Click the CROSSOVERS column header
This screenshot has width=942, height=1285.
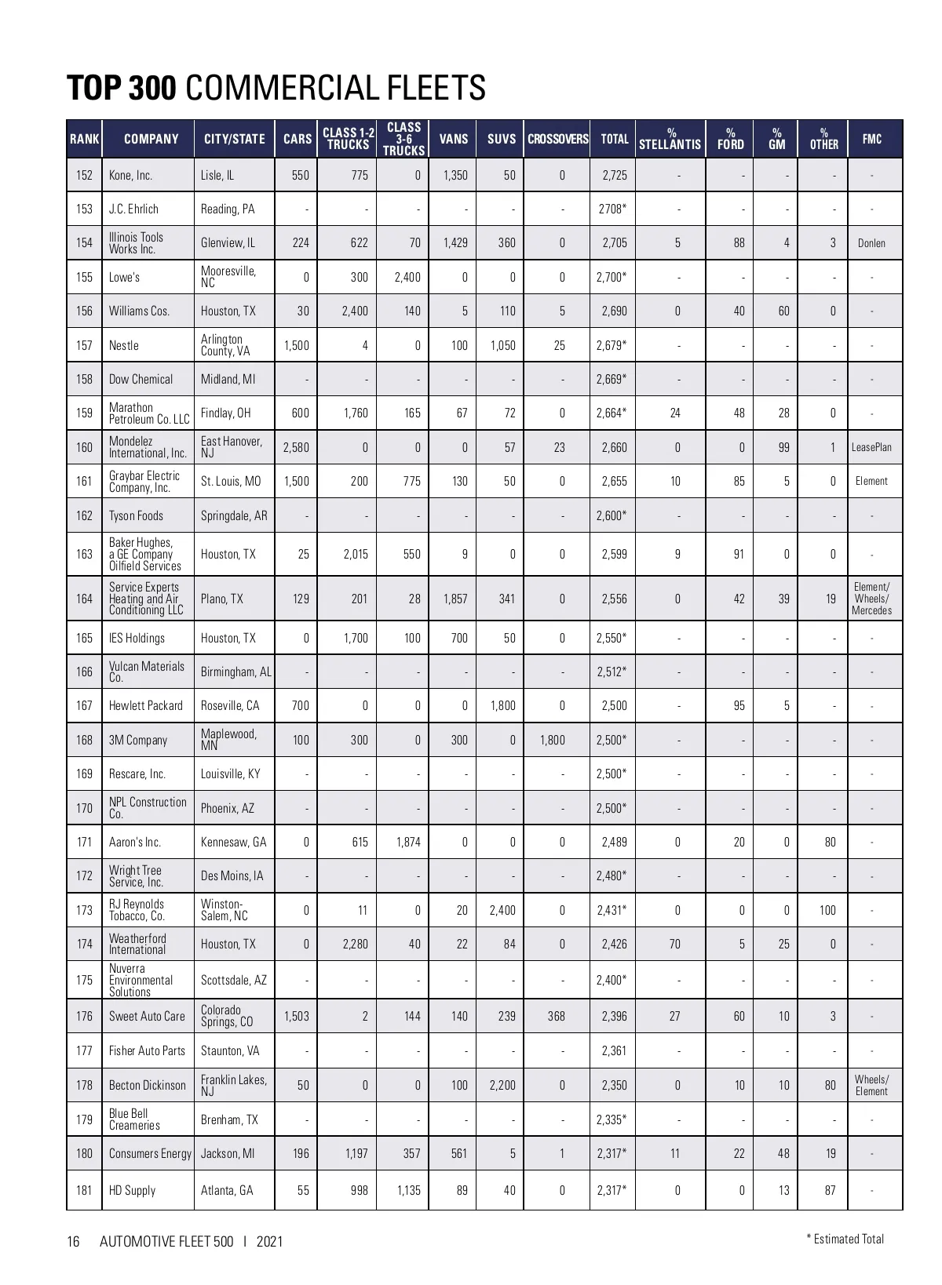click(x=557, y=140)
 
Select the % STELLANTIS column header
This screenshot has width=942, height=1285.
click(x=670, y=140)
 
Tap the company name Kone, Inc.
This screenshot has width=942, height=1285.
click(x=130, y=176)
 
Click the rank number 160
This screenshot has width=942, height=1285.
click(x=84, y=447)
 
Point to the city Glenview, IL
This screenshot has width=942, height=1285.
click(x=228, y=243)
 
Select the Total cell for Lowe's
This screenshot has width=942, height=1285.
click(x=611, y=277)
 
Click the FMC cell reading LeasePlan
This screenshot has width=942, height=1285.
click(x=871, y=447)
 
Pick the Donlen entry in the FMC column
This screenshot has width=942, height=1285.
click(x=871, y=243)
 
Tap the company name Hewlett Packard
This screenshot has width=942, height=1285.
click(x=145, y=706)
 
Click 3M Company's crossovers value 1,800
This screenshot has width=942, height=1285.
click(x=552, y=740)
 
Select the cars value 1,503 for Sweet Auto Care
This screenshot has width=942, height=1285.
click(x=296, y=1017)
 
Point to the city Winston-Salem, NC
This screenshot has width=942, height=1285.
click(x=224, y=910)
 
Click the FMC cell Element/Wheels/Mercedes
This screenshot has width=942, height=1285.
click(x=871, y=599)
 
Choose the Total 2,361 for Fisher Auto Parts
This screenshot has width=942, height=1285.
click(x=614, y=1051)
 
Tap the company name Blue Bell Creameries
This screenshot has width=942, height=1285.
click(x=134, y=1119)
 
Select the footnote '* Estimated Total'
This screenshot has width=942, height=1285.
click(x=845, y=1239)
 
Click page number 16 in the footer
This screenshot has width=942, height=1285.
click(x=73, y=1242)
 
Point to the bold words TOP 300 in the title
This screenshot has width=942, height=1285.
click(x=122, y=88)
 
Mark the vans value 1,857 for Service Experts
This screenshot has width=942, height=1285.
click(x=455, y=599)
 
